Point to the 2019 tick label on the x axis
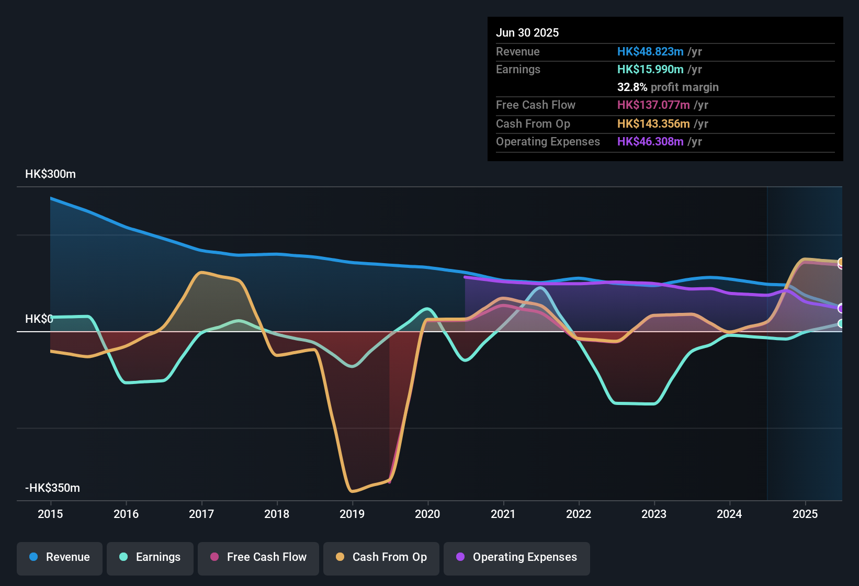pyautogui.click(x=352, y=514)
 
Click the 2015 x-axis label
pyautogui.click(x=50, y=514)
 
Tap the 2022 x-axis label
pyautogui.click(x=579, y=514)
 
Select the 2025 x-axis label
pyautogui.click(x=805, y=514)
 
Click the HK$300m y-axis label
pyautogui.click(x=51, y=174)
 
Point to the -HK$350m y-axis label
pyautogui.click(x=52, y=488)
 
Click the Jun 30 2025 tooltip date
pyautogui.click(x=527, y=32)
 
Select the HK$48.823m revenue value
pyautogui.click(x=650, y=51)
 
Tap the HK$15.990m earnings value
pyautogui.click(x=650, y=70)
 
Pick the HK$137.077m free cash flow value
pyautogui.click(x=653, y=105)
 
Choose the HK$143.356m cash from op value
pyautogui.click(x=653, y=123)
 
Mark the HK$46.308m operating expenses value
pyautogui.click(x=650, y=141)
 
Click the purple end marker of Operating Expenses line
pyautogui.click(x=841, y=308)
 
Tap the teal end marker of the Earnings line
pyautogui.click(x=841, y=324)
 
